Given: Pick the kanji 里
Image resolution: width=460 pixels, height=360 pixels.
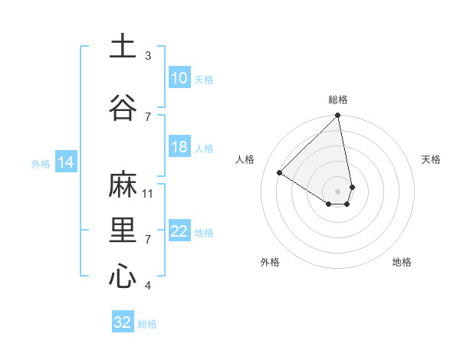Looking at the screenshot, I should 123,231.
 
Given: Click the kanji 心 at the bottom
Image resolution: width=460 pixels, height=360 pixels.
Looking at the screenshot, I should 123,276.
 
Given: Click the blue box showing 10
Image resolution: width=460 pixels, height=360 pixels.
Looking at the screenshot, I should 179,78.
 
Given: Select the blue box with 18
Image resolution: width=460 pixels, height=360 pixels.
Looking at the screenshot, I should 179,147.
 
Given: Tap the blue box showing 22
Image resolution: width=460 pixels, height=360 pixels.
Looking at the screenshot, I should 179,232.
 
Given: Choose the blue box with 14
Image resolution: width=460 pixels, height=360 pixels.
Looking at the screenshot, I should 65,162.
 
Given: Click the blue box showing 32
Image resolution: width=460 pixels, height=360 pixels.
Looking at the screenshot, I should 123,322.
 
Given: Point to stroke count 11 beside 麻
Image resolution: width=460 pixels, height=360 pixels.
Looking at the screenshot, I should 149,193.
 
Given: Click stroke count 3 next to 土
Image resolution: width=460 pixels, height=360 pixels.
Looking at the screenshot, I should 148,55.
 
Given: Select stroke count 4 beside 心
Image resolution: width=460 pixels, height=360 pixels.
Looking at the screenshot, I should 148,286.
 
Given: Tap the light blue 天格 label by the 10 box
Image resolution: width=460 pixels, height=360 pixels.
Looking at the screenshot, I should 203,79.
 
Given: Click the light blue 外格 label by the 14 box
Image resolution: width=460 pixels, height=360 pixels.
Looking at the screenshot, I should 41,163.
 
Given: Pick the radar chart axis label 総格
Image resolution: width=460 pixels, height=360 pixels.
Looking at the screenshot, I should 338,100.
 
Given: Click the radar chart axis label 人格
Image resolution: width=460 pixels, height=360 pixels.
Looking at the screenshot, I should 245,159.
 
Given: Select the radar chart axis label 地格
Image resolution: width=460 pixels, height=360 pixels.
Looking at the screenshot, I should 402,262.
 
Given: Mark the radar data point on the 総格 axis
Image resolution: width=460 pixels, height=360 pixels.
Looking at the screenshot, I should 338,116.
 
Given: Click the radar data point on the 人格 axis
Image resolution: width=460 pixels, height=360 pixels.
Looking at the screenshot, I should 280,172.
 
